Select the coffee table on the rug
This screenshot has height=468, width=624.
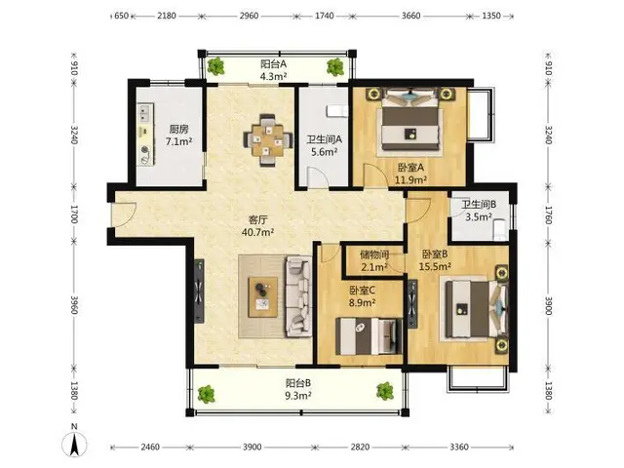[x=262, y=297]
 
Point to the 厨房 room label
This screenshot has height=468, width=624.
[x=178, y=129]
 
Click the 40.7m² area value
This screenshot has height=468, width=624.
[x=257, y=232]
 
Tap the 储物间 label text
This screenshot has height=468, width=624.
[x=374, y=254]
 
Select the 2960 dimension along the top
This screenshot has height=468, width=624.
[x=250, y=16]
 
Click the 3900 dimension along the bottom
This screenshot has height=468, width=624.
[x=252, y=447]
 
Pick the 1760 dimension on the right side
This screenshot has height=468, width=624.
[x=548, y=214]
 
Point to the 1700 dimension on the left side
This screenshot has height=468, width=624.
[x=74, y=214]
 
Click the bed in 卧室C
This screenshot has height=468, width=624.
[x=369, y=335]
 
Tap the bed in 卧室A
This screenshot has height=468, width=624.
[x=411, y=122]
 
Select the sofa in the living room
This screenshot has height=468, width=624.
[x=299, y=296]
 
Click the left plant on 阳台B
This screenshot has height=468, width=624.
[x=206, y=394]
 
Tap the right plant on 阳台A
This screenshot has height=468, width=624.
[x=335, y=66]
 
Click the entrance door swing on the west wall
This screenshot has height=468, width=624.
[x=124, y=214]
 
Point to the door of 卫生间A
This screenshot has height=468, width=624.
[x=317, y=177]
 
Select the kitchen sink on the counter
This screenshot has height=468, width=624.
[x=145, y=112]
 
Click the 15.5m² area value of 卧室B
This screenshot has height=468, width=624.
[x=435, y=266]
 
